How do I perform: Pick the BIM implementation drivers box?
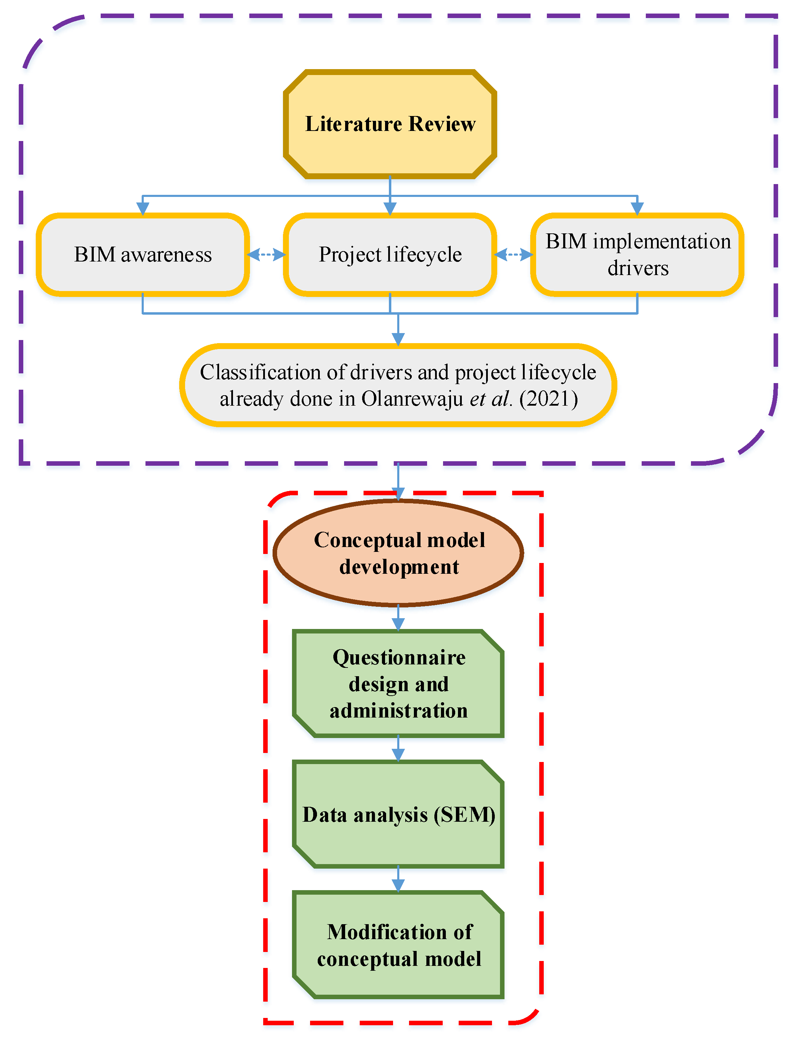[637, 255]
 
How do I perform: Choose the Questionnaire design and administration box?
[399, 683]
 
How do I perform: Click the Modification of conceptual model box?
[399, 945]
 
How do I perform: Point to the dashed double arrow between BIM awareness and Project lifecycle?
[267, 255]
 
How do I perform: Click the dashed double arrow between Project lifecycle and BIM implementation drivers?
[513, 255]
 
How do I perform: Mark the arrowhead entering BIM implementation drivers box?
[637, 209]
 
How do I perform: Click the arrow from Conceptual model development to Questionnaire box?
[399, 618]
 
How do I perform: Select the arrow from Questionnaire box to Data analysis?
[399, 749]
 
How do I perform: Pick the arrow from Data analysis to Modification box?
[399, 880]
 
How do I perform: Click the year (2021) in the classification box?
[548, 399]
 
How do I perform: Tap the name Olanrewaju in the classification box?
[412, 399]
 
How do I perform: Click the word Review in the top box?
[442, 124]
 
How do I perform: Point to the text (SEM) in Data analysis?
[464, 815]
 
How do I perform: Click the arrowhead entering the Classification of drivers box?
[399, 339]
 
